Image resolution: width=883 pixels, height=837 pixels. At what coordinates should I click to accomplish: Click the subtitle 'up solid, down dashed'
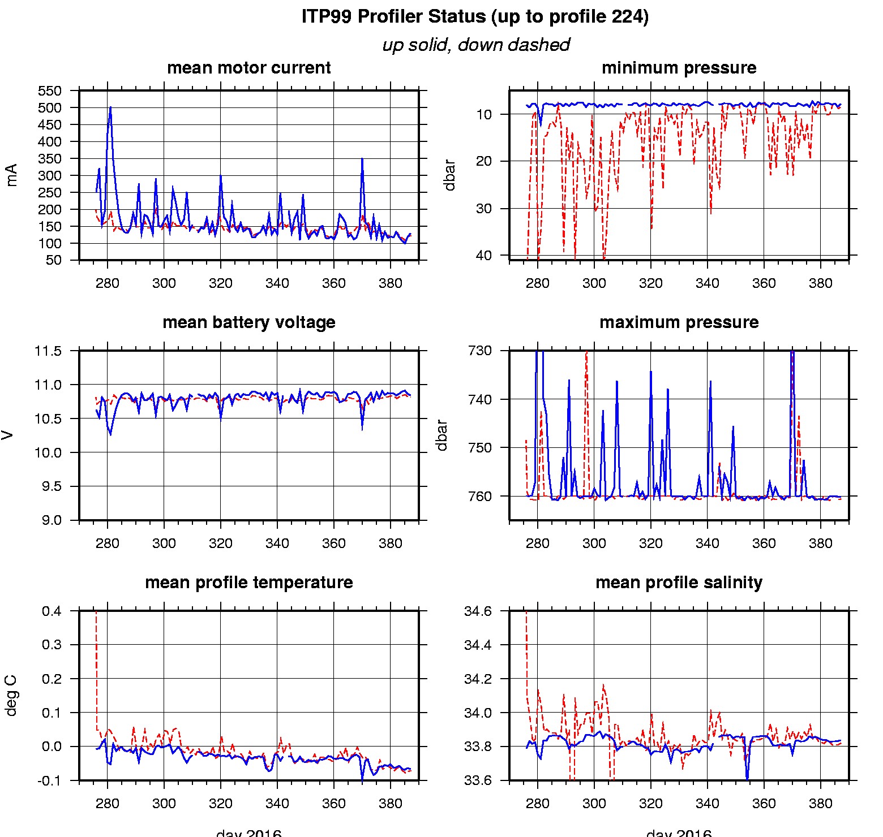[x=475, y=45]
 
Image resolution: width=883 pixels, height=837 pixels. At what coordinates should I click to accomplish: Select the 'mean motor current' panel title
[x=248, y=68]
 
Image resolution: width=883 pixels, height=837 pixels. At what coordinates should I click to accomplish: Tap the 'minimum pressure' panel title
[x=679, y=68]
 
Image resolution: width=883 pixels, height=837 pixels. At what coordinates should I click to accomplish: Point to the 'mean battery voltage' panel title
[x=248, y=322]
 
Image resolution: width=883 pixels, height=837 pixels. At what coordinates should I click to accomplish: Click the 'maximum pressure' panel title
[x=679, y=322]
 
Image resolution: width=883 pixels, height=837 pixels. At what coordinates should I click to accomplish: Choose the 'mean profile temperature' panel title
[x=248, y=583]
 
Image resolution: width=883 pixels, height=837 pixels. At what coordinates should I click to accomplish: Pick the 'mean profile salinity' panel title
[x=679, y=583]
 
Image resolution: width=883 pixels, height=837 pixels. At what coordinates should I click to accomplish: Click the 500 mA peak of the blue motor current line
[x=110, y=107]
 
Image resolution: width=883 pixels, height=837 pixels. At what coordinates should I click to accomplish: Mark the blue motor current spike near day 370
[x=362, y=159]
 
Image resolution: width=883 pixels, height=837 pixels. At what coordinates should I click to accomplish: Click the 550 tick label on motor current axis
[x=49, y=91]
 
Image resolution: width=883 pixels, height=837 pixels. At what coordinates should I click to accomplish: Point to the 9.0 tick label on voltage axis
[x=51, y=520]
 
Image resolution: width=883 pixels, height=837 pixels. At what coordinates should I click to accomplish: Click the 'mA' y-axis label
[x=11, y=175]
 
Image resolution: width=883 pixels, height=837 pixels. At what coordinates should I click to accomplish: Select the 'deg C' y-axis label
[x=11, y=696]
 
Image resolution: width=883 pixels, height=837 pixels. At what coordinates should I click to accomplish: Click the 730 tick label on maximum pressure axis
[x=479, y=351]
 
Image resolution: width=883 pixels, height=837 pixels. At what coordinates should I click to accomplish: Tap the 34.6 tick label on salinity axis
[x=478, y=611]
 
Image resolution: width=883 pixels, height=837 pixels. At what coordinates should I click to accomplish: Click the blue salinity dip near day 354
[x=747, y=778]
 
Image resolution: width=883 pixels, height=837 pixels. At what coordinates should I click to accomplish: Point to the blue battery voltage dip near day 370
[x=362, y=428]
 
